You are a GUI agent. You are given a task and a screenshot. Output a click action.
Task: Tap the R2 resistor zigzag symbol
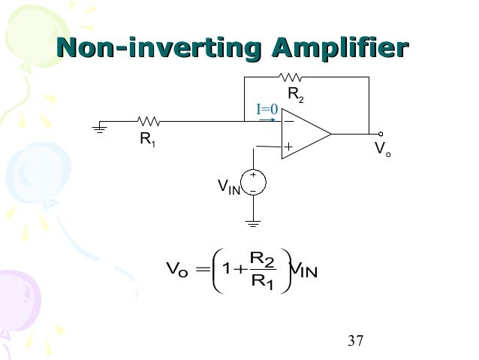click(x=290, y=76)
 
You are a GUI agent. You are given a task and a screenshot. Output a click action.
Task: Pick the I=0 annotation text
click(x=267, y=110)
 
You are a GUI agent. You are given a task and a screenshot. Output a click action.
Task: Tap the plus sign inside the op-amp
click(x=288, y=147)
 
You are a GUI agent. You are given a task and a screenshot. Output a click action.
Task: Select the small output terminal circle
click(x=381, y=135)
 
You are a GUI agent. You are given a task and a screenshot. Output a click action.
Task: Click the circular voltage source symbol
click(x=254, y=183)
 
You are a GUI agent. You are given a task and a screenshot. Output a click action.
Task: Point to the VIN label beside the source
click(x=228, y=186)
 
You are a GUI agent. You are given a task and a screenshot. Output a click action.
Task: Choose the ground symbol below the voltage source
click(x=254, y=222)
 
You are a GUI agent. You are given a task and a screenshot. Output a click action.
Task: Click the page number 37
click(x=356, y=342)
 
